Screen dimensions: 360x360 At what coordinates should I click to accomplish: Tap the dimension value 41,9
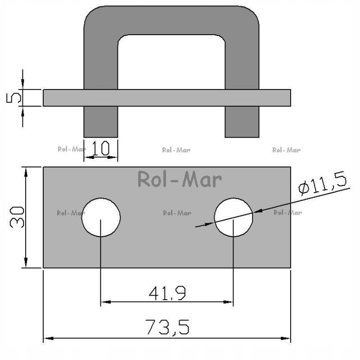[167, 293]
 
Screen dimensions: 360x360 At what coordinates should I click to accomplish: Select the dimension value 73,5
[167, 327]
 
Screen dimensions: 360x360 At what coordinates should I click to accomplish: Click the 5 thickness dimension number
[14, 97]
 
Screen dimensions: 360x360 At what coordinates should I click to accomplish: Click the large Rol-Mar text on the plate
[179, 179]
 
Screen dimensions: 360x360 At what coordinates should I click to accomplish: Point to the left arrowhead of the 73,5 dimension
[46, 338]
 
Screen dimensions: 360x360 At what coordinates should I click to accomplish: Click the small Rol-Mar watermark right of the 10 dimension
[176, 150]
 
